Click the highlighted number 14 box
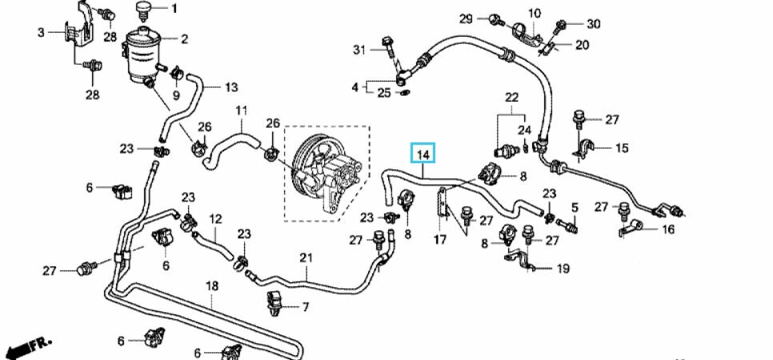pos(423,154)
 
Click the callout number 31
pos(360,50)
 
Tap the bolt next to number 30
pos(560,26)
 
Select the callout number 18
pos(211,286)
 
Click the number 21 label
pos(306,258)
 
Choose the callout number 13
pos(231,87)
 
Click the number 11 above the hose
pos(241,110)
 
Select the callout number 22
pos(511,97)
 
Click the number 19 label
pos(563,268)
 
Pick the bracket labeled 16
pos(630,229)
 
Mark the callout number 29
pos(466,19)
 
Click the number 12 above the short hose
pos(216,219)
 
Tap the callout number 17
pos(440,240)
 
